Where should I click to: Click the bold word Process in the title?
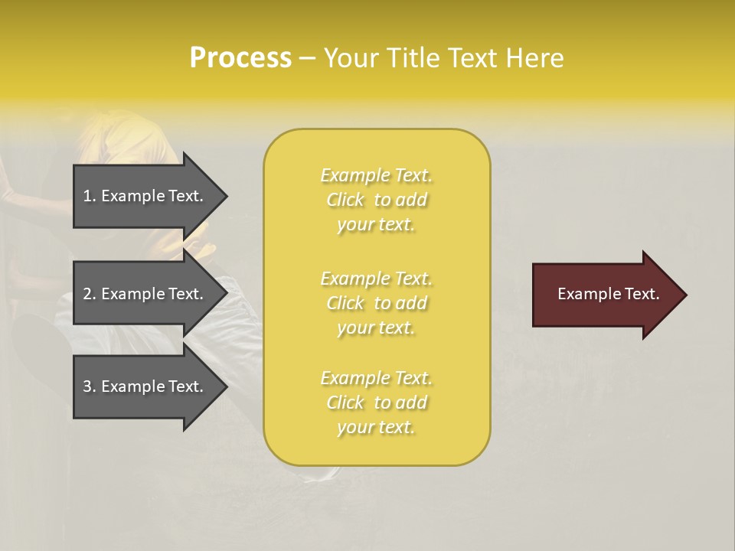pyautogui.click(x=240, y=58)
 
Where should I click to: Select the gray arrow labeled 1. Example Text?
pyautogui.click(x=145, y=196)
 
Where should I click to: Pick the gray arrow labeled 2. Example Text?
pyautogui.click(x=145, y=294)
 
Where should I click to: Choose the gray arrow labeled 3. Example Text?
pyautogui.click(x=145, y=386)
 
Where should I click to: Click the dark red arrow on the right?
pyautogui.click(x=605, y=295)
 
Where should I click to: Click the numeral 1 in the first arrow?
pyautogui.click(x=87, y=196)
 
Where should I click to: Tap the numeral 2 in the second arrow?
pyautogui.click(x=87, y=294)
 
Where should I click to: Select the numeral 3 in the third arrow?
pyautogui.click(x=87, y=386)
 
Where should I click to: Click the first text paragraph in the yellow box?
pyautogui.click(x=377, y=200)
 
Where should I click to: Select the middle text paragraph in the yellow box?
pyautogui.click(x=377, y=303)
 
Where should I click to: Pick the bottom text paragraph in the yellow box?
pyautogui.click(x=377, y=403)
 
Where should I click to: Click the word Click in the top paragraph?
pyautogui.click(x=345, y=200)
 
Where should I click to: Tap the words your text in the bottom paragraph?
pyautogui.click(x=376, y=428)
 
